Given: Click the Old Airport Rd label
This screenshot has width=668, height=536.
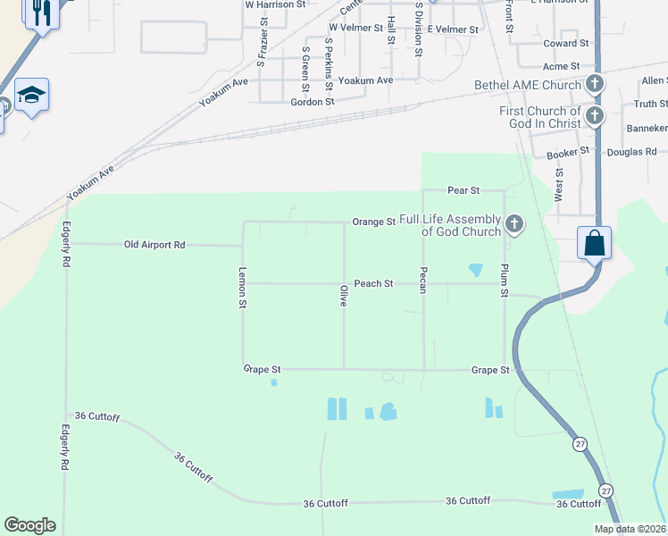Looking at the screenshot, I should [x=154, y=245].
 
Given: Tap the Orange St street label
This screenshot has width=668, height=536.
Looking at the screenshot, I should [x=373, y=222].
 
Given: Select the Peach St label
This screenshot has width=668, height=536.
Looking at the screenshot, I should [x=373, y=284].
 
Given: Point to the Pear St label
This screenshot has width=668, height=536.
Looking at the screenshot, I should [x=463, y=191].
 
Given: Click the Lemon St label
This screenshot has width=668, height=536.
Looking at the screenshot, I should [x=242, y=289].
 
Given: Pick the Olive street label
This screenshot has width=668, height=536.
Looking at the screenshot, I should [x=343, y=296].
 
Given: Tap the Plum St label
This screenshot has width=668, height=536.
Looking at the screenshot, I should [x=505, y=281].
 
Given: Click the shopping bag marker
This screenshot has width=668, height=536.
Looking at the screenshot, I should [x=594, y=243].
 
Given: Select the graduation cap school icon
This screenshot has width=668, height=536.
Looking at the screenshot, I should [x=31, y=95].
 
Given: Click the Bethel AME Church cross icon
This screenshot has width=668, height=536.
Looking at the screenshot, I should [x=595, y=85].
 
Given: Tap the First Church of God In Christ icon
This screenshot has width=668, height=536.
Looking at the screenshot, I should [x=595, y=115].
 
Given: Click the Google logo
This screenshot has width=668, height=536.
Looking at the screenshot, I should [x=29, y=525].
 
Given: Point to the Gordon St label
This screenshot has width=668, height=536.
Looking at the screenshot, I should [x=313, y=102].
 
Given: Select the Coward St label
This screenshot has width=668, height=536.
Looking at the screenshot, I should [x=566, y=43].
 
